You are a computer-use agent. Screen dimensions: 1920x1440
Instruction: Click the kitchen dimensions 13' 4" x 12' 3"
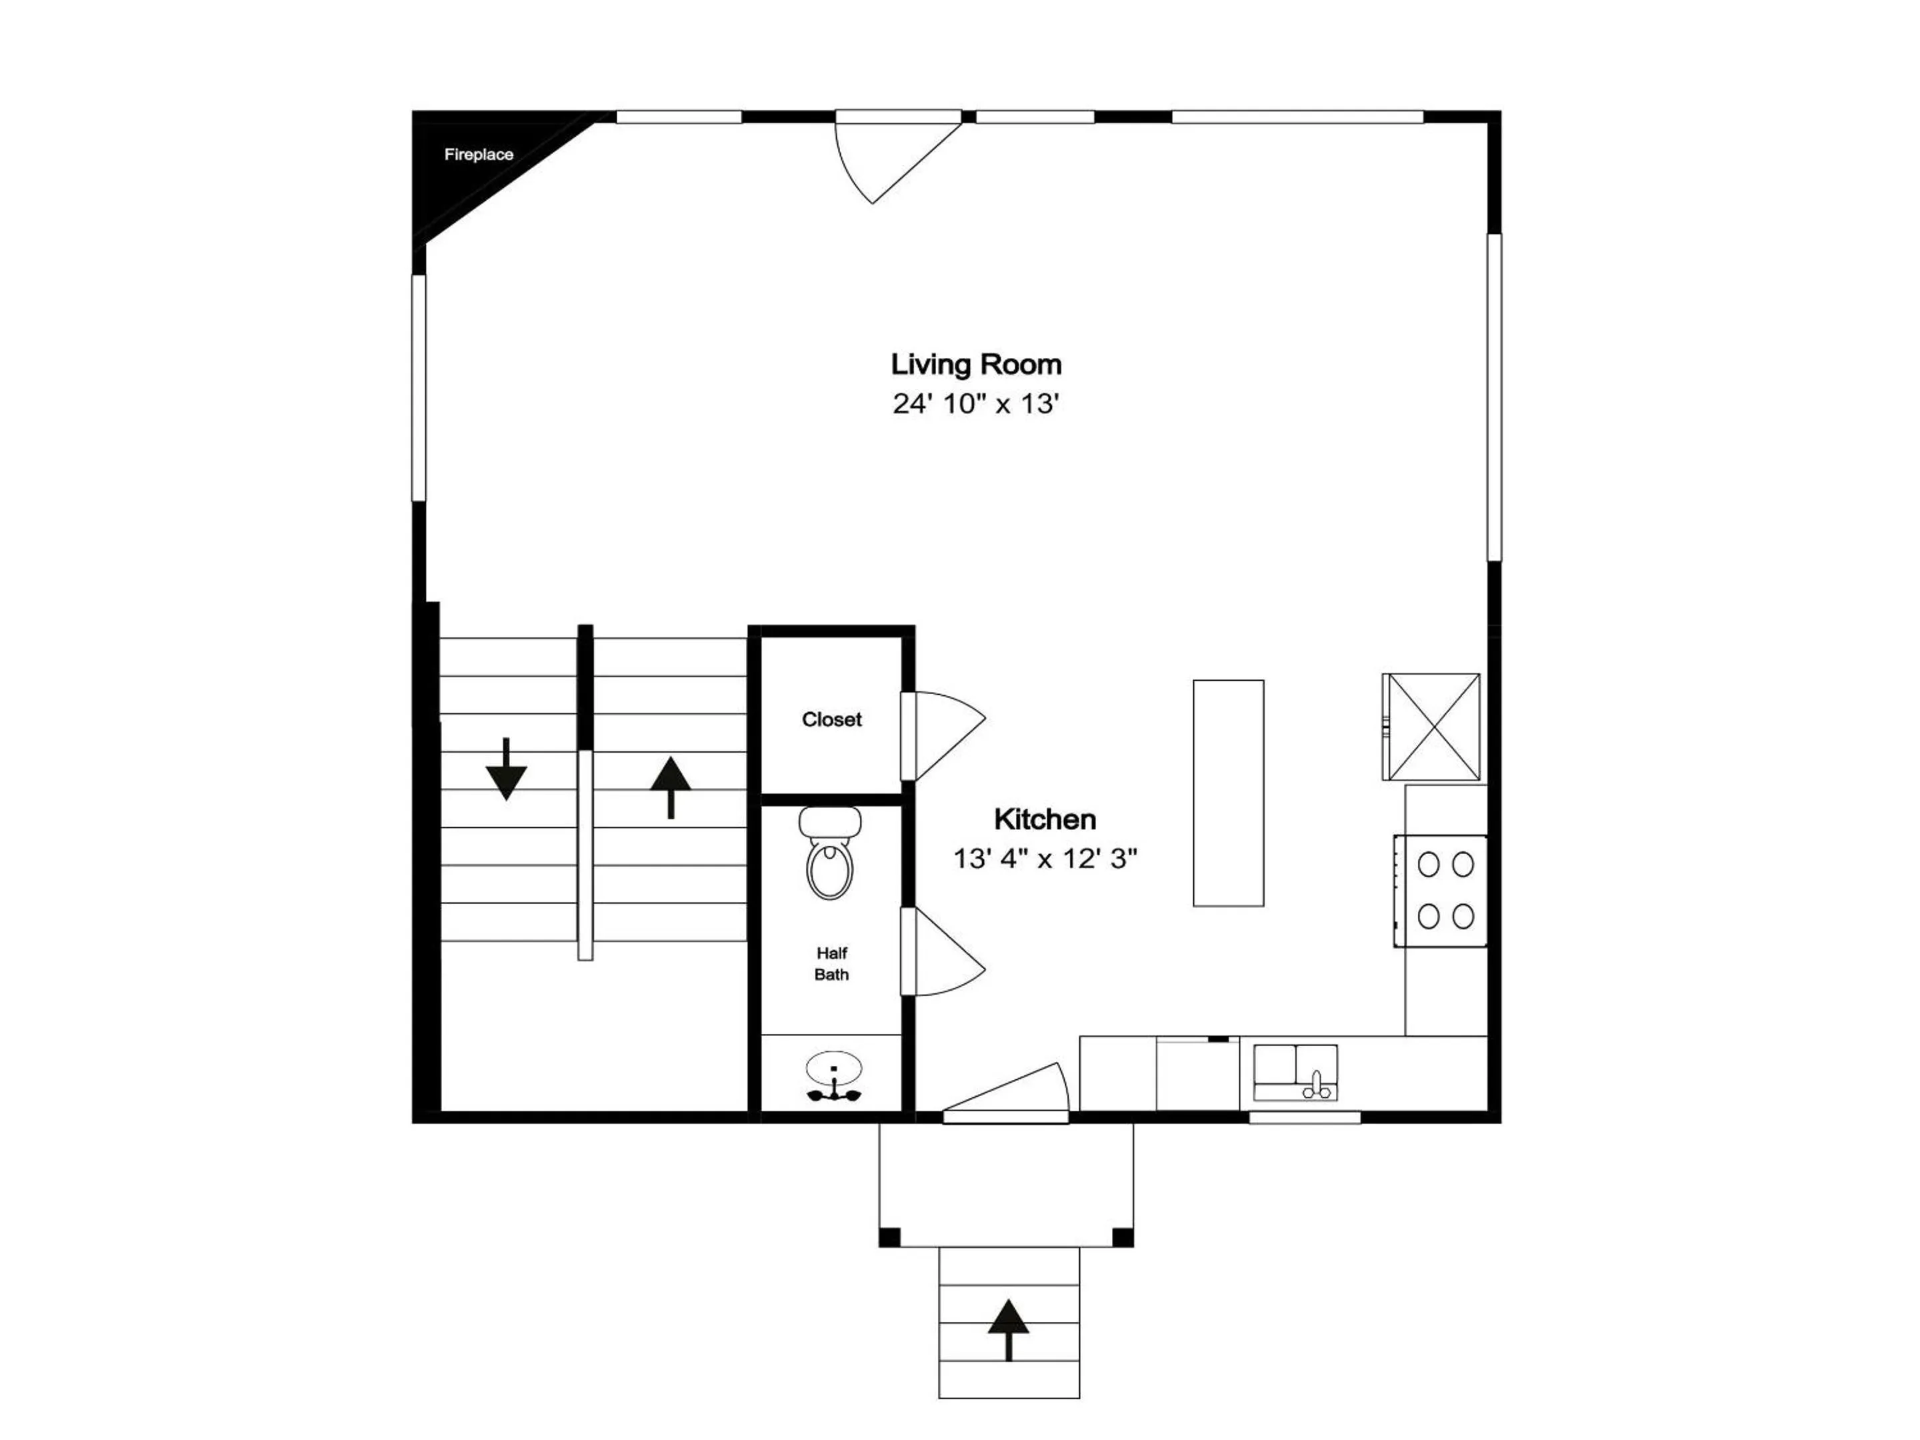pos(1045,859)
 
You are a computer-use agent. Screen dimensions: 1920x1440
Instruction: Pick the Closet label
pos(831,719)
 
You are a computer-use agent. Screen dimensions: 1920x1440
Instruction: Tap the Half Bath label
pos(831,963)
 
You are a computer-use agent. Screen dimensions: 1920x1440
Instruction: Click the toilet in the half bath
pos(831,853)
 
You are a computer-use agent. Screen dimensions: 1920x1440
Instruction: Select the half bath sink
pos(834,1078)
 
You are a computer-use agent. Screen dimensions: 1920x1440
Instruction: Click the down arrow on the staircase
pos(506,769)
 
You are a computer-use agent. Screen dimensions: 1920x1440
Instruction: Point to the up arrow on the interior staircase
pos(671,787)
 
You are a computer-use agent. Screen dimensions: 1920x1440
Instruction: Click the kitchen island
pos(1228,793)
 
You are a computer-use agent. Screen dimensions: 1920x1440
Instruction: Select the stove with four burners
pos(1441,891)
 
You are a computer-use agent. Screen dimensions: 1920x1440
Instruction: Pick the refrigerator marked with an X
pos(1431,727)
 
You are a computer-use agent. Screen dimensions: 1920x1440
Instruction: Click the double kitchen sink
pos(1296,1073)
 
